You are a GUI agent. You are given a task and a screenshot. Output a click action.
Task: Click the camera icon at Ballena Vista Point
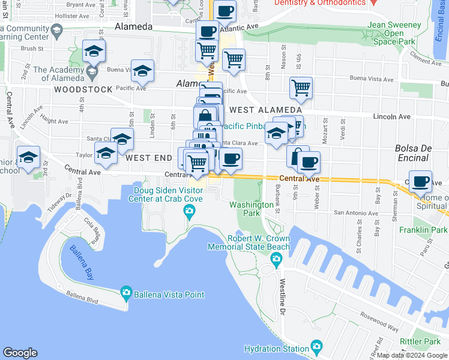tap(126, 293)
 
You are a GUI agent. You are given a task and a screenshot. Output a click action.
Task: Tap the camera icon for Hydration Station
tap(316, 347)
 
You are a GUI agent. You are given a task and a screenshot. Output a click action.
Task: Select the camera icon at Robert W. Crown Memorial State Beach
tap(276, 260)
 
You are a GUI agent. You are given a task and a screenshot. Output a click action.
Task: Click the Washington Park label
tap(252, 209)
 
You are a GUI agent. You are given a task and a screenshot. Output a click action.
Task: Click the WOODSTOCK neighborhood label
tap(83, 89)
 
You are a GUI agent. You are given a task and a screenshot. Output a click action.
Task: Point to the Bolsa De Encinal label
tap(413, 153)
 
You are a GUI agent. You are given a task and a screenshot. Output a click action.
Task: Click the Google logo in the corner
tap(20, 353)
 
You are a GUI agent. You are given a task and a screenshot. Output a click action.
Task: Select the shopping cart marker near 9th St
tap(301, 88)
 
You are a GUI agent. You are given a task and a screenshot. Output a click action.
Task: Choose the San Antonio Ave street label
tap(356, 213)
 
